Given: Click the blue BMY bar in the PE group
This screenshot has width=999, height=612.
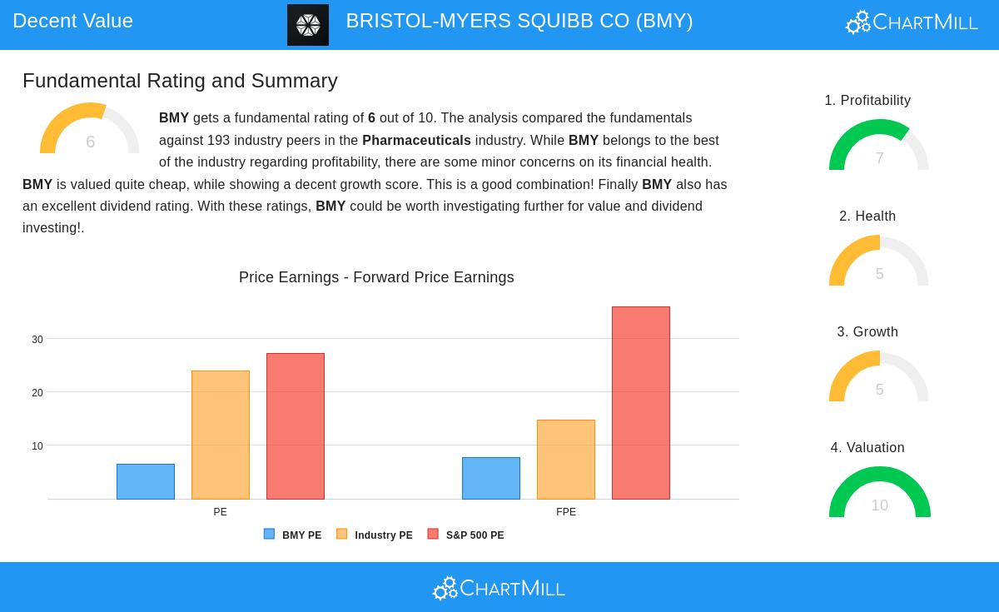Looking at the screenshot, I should (146, 481).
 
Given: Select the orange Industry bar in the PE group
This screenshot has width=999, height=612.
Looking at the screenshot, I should (221, 435).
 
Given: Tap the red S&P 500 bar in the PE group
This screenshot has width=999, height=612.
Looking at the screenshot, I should (296, 426).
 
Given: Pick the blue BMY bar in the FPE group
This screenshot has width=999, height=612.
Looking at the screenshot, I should (491, 478).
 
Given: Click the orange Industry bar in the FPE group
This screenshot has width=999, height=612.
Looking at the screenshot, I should (566, 460).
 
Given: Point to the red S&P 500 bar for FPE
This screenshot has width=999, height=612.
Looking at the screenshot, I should (641, 403).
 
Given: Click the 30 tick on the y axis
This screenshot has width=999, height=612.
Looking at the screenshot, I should (37, 340).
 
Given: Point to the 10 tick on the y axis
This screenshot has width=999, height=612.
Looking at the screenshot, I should (37, 446).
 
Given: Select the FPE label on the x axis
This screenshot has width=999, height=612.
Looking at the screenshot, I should (566, 512).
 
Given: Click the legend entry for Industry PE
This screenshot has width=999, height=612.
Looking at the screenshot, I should (375, 535).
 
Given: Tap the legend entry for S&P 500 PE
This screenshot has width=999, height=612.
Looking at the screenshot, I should (466, 535).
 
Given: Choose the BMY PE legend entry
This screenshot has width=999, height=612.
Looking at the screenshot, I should (293, 535).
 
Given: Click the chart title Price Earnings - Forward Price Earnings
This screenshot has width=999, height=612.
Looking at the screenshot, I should (376, 277).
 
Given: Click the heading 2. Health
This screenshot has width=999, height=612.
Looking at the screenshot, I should (867, 216).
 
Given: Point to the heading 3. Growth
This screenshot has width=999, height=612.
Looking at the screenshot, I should (867, 332).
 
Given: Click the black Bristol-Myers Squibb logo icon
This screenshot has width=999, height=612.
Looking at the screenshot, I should (308, 25).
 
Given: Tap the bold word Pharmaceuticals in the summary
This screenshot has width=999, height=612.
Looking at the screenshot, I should (416, 141).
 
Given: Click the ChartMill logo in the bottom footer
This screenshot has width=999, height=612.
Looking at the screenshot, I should (499, 588).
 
